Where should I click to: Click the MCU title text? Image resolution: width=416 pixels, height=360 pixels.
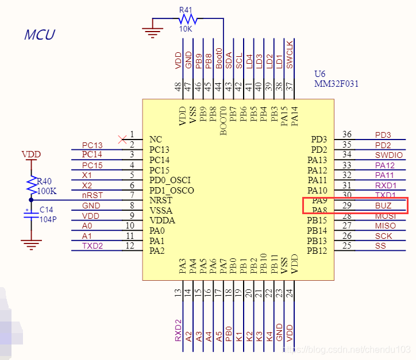pyautogui.click(x=39, y=34)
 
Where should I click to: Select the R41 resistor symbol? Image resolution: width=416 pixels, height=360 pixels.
pyautogui.click(x=187, y=20)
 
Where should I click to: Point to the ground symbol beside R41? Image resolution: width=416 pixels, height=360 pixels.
pyautogui.click(x=152, y=30)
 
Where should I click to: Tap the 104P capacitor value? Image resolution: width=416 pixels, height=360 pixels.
pyautogui.click(x=47, y=219)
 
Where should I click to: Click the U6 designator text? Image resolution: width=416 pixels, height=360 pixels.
pyautogui.click(x=320, y=74)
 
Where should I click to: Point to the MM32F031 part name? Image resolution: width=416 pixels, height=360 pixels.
pyautogui.click(x=336, y=84)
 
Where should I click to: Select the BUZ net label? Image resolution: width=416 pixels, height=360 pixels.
pyautogui.click(x=383, y=205)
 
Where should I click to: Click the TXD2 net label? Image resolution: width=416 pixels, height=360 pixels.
pyautogui.click(x=92, y=245)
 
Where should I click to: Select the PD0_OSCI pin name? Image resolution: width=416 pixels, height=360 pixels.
pyautogui.click(x=171, y=180)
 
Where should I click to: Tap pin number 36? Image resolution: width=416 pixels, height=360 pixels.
pyautogui.click(x=346, y=134)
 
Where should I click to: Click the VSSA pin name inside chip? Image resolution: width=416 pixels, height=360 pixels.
pyautogui.click(x=160, y=210)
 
